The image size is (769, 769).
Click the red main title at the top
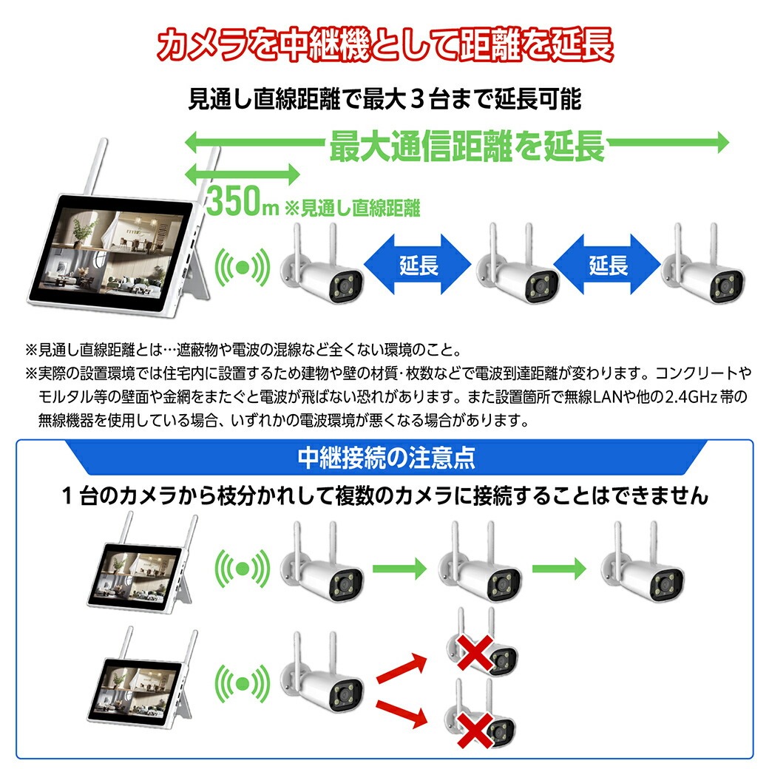(384, 46)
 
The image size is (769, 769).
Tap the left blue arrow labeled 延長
(419, 265)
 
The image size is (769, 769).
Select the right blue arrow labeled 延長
(608, 265)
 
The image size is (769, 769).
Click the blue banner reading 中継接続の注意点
(385, 458)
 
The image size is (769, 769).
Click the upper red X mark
(478, 651)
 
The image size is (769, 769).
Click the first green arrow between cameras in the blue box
(400, 569)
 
